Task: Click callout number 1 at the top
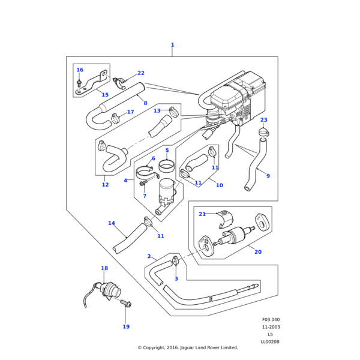(172, 45)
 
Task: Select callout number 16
(80, 70)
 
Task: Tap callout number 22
(141, 73)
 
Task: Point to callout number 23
(263, 120)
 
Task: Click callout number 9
(268, 176)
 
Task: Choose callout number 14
(111, 223)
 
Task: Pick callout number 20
(257, 252)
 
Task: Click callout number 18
(104, 268)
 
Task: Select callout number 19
(126, 327)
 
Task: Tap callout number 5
(167, 150)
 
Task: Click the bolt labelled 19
(126, 304)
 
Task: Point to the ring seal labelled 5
(167, 164)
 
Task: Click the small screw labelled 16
(80, 83)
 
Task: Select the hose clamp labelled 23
(263, 131)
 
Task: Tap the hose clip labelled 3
(176, 261)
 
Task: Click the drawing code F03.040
(271, 320)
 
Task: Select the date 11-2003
(271, 327)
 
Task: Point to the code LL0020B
(270, 341)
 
